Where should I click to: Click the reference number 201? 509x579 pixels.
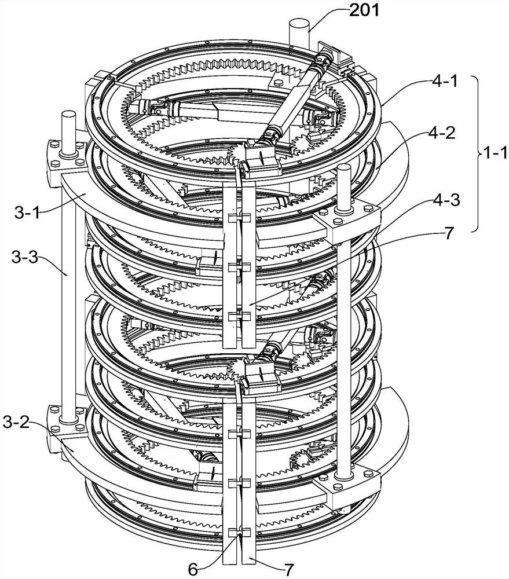point(364,10)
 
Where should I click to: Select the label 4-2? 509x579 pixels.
point(442,133)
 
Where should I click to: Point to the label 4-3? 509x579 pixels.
point(446,200)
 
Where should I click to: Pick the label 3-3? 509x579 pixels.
point(25,258)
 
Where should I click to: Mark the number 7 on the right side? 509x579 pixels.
point(448,233)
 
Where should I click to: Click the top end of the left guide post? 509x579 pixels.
point(68,113)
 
